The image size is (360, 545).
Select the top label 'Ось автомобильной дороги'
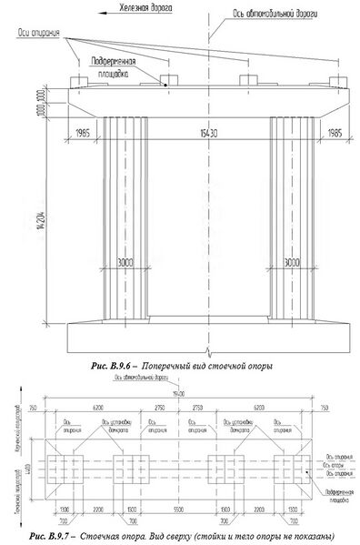point(265,16)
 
